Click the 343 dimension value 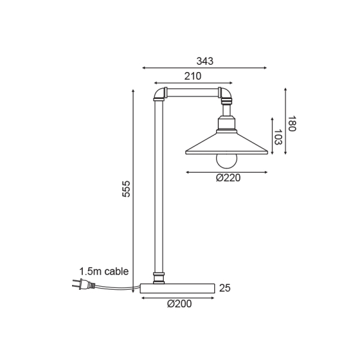point(205,61)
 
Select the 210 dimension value point(193,76)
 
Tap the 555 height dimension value point(125,188)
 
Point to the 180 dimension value point(292,124)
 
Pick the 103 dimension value point(278,137)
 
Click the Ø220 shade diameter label point(227,178)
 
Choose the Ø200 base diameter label point(179,304)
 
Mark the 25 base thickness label point(225,288)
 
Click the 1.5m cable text point(104,271)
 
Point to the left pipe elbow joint point(159,94)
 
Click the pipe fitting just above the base point(159,277)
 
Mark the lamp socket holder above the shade point(227,124)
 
